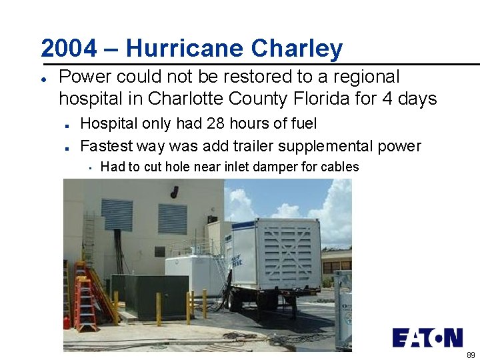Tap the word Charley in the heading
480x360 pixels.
tap(297, 48)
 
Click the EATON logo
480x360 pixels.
tap(427, 337)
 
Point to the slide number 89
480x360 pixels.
tap(471, 355)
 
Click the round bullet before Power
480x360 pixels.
tap(43, 78)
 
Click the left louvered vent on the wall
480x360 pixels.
tap(117, 215)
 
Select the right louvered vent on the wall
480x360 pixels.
tap(172, 219)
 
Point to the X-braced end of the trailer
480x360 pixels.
tap(289, 253)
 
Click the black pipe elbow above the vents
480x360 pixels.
tap(174, 192)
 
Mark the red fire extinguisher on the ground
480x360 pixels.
tap(67, 323)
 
